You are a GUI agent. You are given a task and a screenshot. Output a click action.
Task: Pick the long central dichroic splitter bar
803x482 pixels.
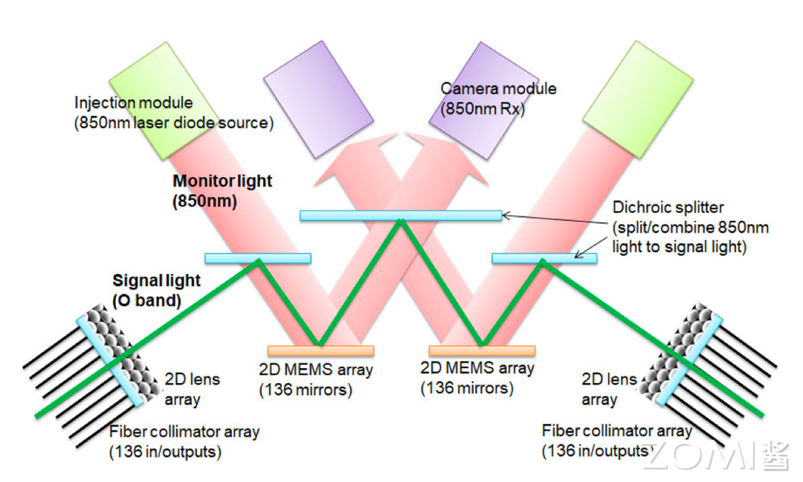pyautogui.click(x=401, y=216)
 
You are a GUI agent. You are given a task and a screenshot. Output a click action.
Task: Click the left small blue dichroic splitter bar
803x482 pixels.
pyautogui.click(x=257, y=258)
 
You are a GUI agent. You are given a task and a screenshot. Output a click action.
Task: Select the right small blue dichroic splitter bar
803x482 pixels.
pyautogui.click(x=544, y=258)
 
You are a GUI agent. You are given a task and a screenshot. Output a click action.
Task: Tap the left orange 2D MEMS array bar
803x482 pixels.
pyautogui.click(x=320, y=350)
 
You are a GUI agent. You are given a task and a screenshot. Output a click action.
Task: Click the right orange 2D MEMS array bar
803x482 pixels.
pyautogui.click(x=482, y=350)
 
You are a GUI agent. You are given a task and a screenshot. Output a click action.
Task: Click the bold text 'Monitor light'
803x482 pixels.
pyautogui.click(x=222, y=181)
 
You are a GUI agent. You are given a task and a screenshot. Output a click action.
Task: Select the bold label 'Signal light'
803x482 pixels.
pyautogui.click(x=156, y=280)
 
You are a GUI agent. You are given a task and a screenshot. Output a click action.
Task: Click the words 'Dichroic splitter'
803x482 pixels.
pyautogui.click(x=668, y=208)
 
